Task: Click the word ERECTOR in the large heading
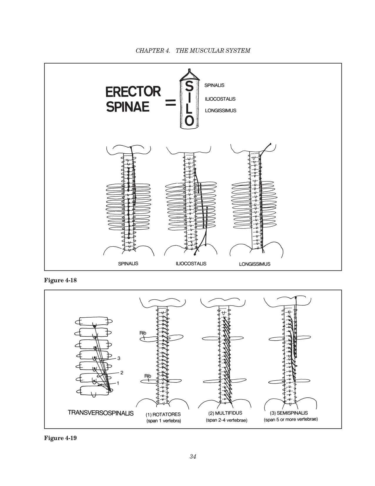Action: [x=133, y=92]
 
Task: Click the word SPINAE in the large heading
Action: [x=128, y=107]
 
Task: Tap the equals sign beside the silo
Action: [x=170, y=102]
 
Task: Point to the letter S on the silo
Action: [x=190, y=87]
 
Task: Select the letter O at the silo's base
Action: [x=190, y=120]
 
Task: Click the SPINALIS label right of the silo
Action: [x=214, y=85]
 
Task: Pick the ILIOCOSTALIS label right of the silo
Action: [x=220, y=99]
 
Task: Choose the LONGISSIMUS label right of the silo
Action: [x=220, y=111]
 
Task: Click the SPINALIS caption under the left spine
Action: [x=128, y=263]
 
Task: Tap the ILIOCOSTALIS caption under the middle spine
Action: [x=191, y=263]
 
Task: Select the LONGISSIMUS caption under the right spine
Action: [x=255, y=264]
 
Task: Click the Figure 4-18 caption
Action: [x=60, y=280]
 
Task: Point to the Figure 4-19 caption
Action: [x=60, y=438]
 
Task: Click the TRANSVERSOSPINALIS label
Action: [x=101, y=413]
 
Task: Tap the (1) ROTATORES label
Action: [x=163, y=414]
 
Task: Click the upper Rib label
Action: [x=143, y=333]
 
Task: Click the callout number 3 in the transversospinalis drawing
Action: [x=119, y=358]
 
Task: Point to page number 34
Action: [x=193, y=457]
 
